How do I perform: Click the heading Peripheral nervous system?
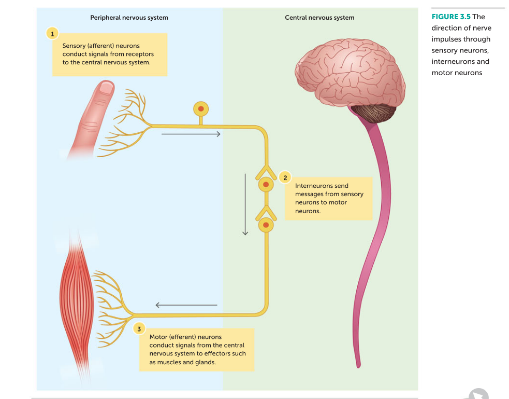click(x=129, y=18)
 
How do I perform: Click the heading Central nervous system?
click(x=319, y=18)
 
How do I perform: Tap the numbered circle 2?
click(x=284, y=178)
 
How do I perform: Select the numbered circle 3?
click(x=138, y=328)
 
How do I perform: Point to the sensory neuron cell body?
click(x=201, y=109)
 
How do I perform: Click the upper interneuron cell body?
click(x=266, y=184)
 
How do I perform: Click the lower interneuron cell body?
click(x=266, y=225)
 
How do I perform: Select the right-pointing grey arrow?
click(x=191, y=134)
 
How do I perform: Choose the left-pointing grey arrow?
click(x=186, y=305)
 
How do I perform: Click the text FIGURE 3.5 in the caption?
click(x=450, y=17)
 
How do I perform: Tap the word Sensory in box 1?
click(x=74, y=46)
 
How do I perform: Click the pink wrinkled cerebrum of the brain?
click(x=347, y=73)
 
